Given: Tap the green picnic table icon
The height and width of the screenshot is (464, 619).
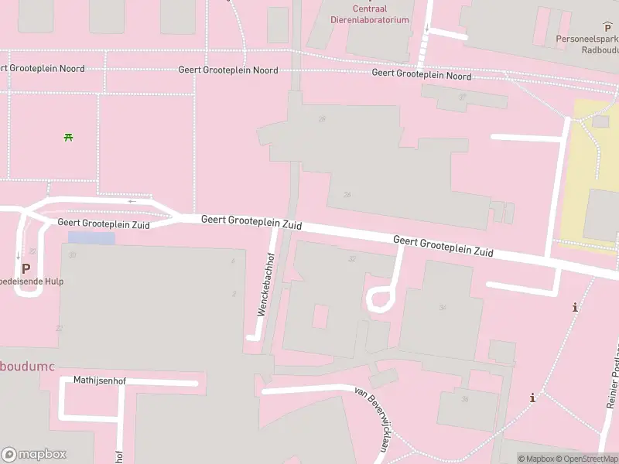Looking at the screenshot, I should (69, 138).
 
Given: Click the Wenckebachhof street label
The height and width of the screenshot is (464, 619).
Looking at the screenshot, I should (265, 284).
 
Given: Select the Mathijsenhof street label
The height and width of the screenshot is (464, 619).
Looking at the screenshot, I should (100, 380).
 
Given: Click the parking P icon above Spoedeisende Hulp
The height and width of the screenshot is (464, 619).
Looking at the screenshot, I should (26, 268).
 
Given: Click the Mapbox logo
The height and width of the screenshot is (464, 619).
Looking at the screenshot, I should (34, 455).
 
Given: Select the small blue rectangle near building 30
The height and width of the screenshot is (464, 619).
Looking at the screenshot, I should (91, 238).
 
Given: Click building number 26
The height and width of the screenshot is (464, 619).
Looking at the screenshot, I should (347, 195).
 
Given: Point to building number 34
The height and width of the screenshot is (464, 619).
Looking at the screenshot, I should (443, 308).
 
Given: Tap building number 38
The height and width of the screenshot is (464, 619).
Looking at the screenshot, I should (465, 399).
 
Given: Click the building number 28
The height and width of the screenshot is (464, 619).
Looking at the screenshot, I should (322, 119).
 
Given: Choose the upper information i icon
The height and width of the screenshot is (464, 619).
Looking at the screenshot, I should (575, 308).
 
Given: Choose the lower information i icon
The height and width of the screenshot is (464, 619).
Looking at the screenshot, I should (532, 398).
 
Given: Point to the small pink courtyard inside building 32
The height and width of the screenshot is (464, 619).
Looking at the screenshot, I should (320, 316).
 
